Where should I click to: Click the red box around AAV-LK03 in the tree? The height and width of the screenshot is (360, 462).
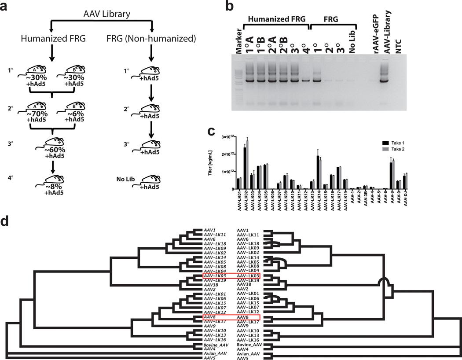pos(231,276)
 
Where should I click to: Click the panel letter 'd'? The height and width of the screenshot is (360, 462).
pos(6,220)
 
